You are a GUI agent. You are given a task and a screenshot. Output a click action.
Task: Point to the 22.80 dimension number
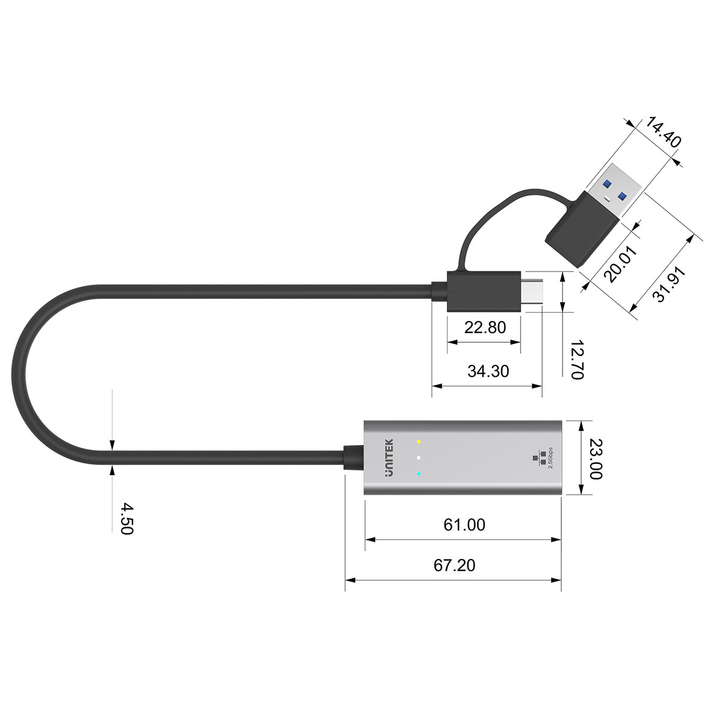click(485, 327)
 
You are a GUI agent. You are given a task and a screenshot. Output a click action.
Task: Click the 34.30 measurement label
click(488, 371)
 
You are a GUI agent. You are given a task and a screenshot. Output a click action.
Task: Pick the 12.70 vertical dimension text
click(576, 359)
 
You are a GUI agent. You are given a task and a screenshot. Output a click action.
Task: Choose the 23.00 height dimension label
click(594, 458)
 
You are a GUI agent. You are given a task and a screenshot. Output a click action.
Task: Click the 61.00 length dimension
click(464, 525)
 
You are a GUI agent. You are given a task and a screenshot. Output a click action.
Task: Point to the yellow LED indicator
click(419, 442)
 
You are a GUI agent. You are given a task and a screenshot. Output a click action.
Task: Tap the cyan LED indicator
click(419, 475)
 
